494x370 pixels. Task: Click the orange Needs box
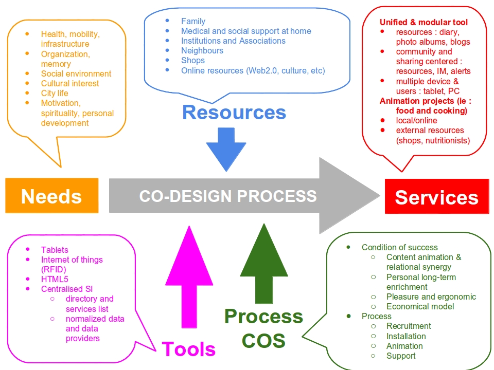(51, 196)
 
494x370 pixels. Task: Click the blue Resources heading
(234, 112)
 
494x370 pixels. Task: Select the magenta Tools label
(188, 349)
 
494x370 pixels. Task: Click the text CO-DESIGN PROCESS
(228, 196)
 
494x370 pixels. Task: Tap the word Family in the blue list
(193, 21)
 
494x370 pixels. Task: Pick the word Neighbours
(202, 50)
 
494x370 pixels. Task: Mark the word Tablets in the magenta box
(55, 250)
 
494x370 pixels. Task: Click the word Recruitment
(409, 326)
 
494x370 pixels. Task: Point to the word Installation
(406, 336)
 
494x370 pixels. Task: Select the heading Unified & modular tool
(424, 22)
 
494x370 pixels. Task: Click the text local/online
(416, 120)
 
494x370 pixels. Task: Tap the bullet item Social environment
(76, 73)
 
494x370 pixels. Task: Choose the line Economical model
(420, 306)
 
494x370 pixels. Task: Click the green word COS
(263, 340)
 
